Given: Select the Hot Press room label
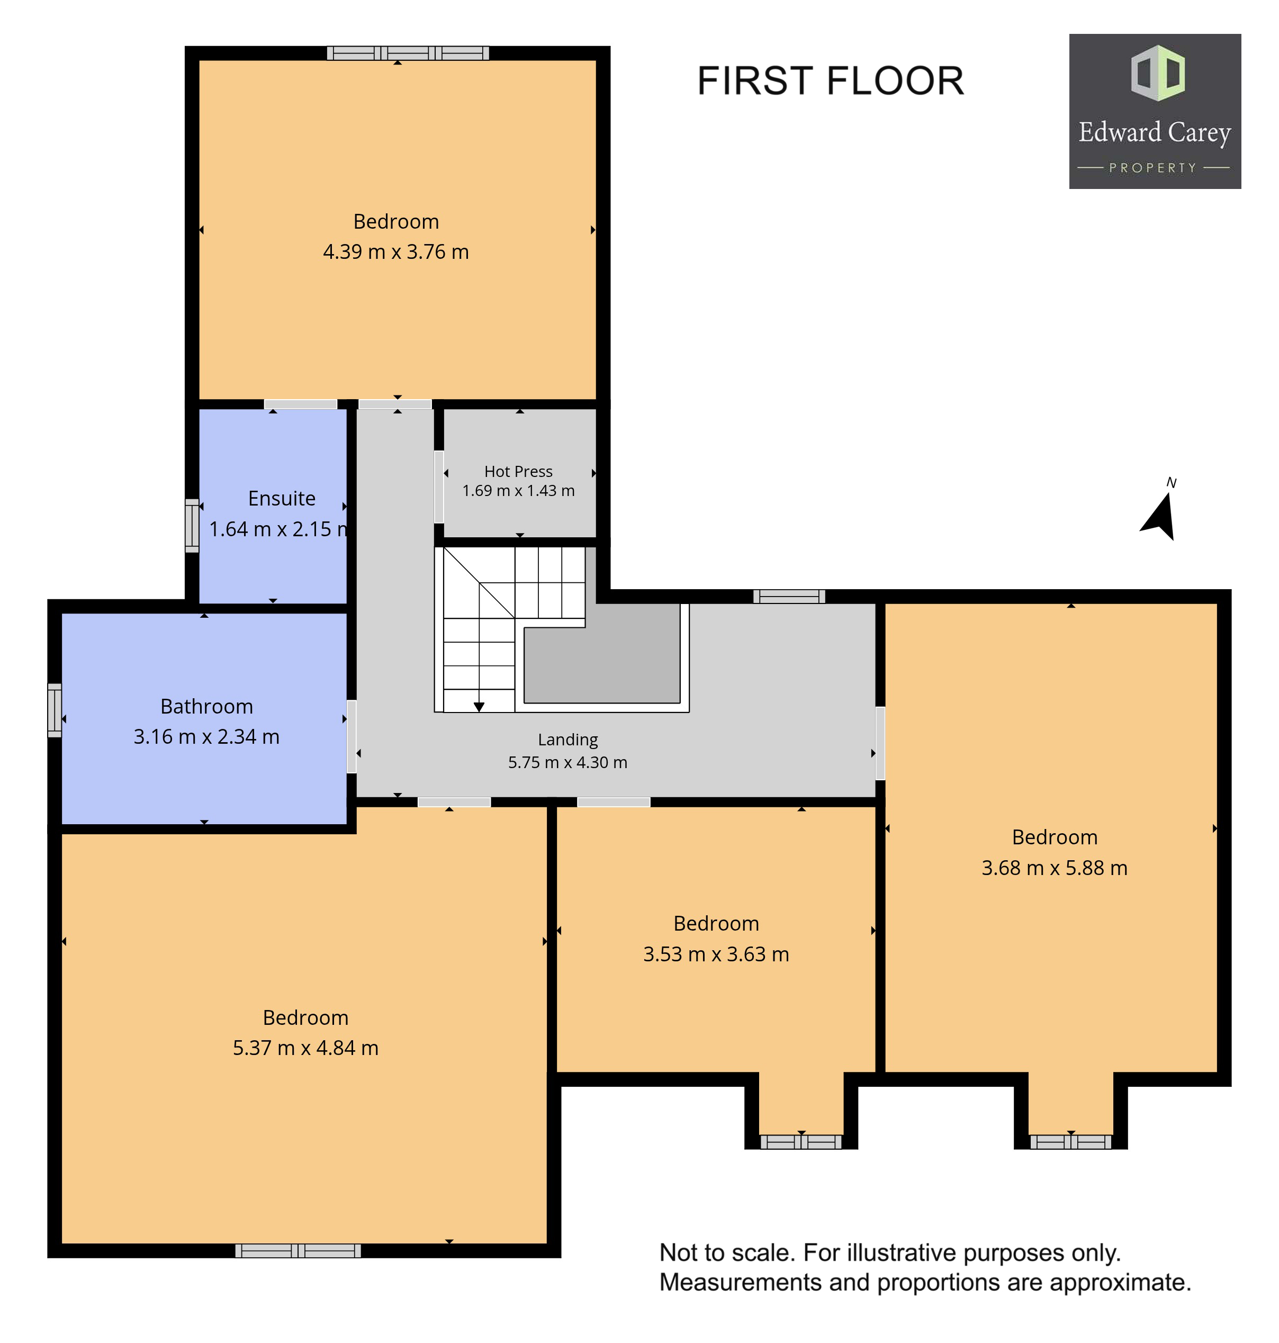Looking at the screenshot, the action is tap(518, 471).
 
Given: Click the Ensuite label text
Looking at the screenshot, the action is tap(282, 498).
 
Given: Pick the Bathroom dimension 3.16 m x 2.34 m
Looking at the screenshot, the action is tap(206, 736).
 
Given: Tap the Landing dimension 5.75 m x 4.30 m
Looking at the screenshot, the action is tap(567, 762).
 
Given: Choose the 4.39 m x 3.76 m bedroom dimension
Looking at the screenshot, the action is tap(395, 251).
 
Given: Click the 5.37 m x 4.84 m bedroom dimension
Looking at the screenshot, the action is tap(305, 1047).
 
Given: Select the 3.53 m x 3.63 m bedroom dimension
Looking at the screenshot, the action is tap(716, 954).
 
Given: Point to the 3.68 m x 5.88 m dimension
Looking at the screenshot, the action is tap(1054, 868).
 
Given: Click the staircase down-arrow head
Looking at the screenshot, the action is tap(479, 707).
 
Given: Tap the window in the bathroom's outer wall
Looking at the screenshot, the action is tap(55, 710).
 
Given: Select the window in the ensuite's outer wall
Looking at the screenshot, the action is tap(192, 526).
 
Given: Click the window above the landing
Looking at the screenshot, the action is tap(789, 597).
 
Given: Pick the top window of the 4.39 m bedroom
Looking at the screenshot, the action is tap(408, 53).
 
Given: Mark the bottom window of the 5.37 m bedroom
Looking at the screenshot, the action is tap(298, 1250).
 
